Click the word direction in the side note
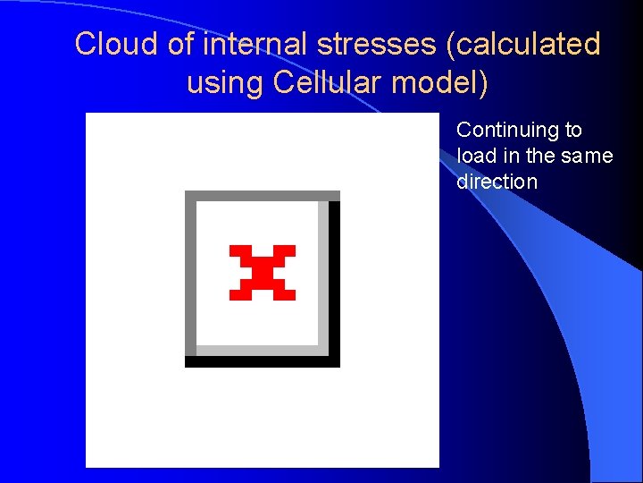(497, 182)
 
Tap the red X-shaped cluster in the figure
(262, 271)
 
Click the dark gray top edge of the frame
(262, 196)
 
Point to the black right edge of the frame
(335, 277)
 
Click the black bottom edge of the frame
(262, 361)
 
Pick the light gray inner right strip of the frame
(323, 273)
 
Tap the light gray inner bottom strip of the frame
(259, 350)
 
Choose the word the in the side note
(540, 156)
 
